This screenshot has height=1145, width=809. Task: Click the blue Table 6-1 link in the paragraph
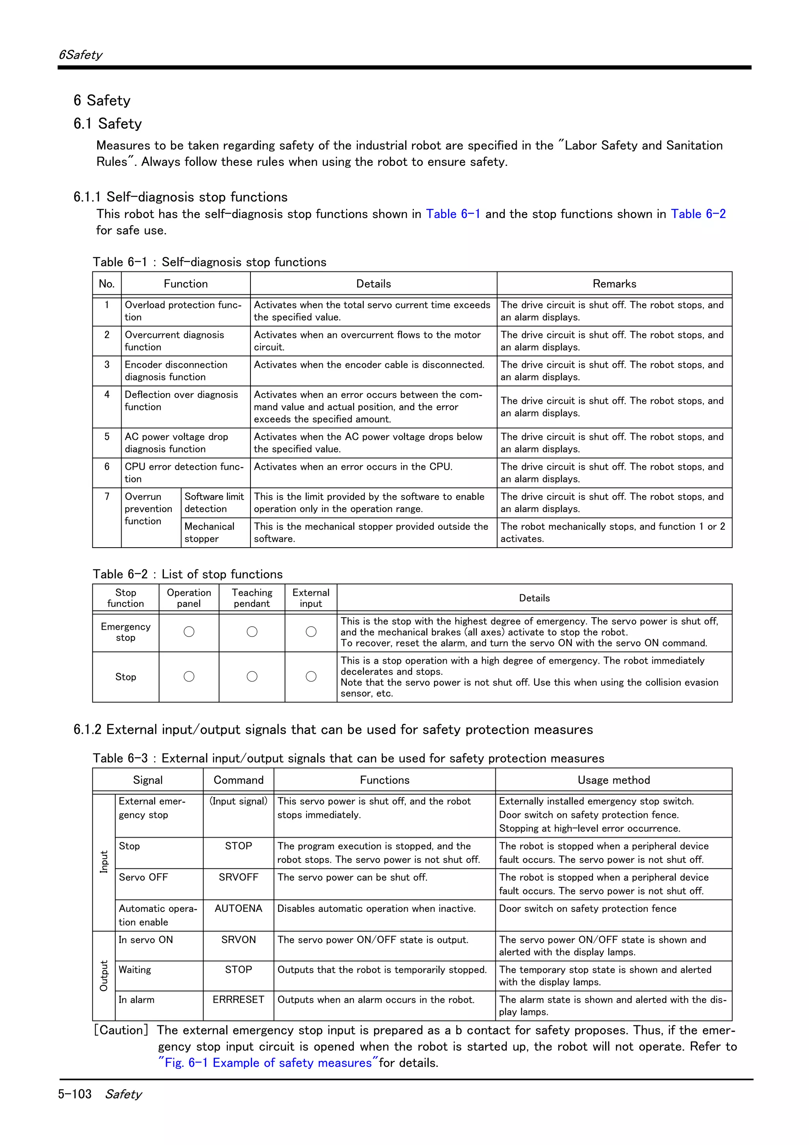tap(453, 214)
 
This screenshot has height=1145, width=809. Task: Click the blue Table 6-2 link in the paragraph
tap(698, 214)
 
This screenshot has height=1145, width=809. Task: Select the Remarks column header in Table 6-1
tap(614, 284)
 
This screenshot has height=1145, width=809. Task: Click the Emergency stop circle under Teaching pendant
tap(252, 632)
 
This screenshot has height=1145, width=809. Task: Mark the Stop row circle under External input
tap(311, 676)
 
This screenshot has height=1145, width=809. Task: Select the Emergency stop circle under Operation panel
tap(189, 632)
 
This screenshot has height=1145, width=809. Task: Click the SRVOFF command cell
tap(238, 877)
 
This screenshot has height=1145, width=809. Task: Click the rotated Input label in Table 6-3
tap(103, 862)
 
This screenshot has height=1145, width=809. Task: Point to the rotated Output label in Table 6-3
tap(103, 976)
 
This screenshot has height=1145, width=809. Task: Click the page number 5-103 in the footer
tap(75, 1094)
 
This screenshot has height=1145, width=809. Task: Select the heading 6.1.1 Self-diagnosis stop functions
tap(181, 197)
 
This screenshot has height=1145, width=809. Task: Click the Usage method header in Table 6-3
tap(613, 780)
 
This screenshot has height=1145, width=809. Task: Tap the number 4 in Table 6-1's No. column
tap(107, 394)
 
